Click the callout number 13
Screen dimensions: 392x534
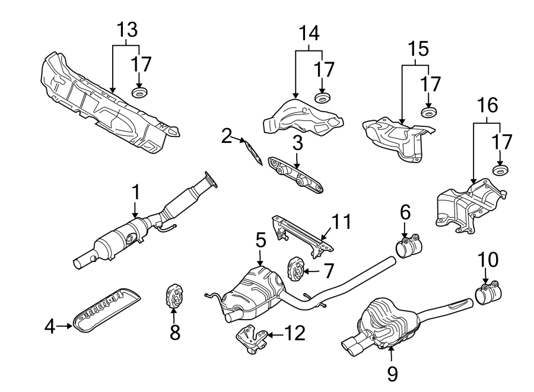pos(126,28)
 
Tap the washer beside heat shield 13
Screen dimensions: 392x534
pos(139,93)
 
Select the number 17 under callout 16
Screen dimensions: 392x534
pos(501,142)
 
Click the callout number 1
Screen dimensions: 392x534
pos(135,192)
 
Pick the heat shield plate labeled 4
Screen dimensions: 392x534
pos(107,305)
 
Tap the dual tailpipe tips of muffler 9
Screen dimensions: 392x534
pos(357,346)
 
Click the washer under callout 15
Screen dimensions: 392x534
pos(427,112)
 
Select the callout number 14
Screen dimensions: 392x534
pos(309,32)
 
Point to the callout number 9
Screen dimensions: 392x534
pos(392,373)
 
